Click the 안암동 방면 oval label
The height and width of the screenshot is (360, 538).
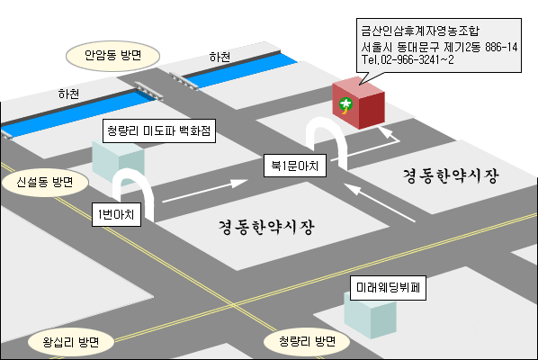112,56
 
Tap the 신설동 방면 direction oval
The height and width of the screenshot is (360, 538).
45,182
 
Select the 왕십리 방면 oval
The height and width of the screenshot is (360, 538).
71,342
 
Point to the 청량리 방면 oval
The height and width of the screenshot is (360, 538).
307,341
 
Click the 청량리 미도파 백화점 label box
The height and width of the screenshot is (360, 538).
159,130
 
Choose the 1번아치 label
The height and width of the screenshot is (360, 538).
116,214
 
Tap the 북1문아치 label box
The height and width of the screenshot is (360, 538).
295,166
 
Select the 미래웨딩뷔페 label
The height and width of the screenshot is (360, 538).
388,288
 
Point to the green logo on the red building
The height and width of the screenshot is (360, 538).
345,105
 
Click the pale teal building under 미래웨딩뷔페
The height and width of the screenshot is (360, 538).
371,318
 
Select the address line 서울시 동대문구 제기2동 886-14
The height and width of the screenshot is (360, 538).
439,47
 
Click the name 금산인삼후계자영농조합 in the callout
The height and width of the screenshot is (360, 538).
420,31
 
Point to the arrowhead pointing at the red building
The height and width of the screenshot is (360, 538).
386,131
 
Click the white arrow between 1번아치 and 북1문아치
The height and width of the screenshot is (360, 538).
205,191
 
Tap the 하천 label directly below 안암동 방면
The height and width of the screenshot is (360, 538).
68,94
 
